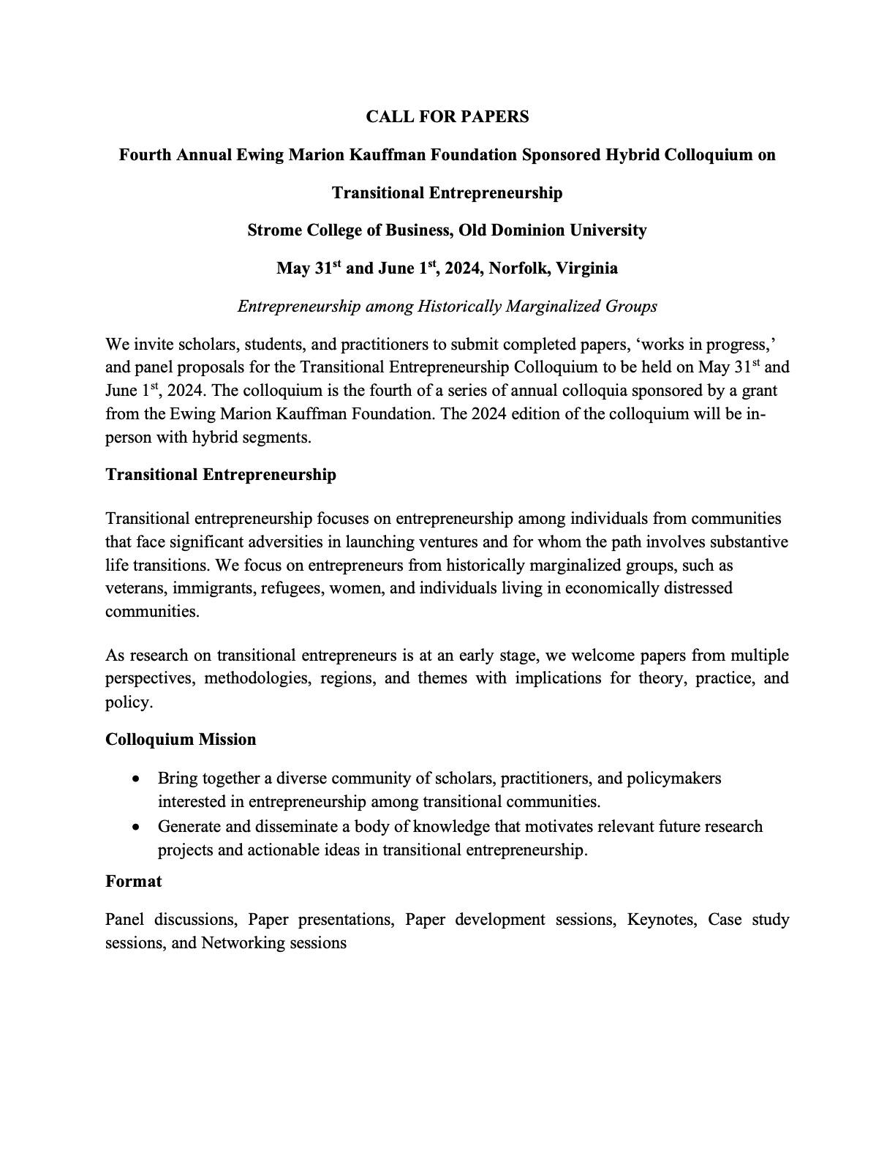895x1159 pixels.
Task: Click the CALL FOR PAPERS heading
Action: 447,116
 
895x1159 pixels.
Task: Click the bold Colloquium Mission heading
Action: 181,740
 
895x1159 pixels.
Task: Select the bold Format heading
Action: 133,882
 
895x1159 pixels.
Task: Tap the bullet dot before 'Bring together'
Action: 137,779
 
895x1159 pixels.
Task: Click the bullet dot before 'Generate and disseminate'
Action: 137,828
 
